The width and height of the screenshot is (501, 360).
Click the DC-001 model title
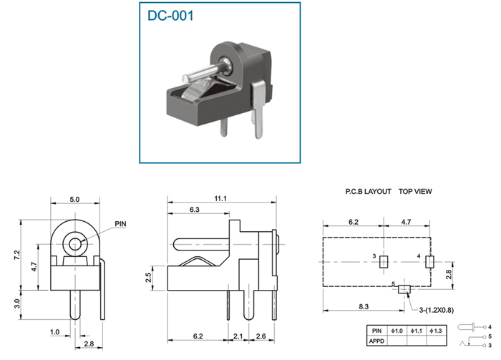click(170, 16)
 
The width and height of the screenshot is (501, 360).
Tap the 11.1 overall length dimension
click(220, 199)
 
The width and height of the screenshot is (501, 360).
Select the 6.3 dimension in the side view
click(194, 210)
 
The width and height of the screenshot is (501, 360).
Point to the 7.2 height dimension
click(17, 255)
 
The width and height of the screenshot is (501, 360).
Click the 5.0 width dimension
click(74, 200)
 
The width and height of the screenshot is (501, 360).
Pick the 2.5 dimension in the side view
click(148, 277)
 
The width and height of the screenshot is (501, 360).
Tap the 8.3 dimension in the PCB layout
click(364, 306)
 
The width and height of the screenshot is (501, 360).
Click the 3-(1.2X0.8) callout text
click(436, 310)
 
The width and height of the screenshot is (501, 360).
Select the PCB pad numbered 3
click(384, 262)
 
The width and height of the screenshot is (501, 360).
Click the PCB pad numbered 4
click(429, 262)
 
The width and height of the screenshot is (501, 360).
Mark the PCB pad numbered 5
click(404, 289)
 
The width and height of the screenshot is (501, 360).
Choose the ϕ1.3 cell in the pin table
click(436, 331)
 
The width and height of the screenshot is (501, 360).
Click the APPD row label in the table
click(376, 341)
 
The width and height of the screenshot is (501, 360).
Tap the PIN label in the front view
click(120, 224)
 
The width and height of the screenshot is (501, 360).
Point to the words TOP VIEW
click(415, 192)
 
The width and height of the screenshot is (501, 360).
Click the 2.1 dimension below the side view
click(238, 336)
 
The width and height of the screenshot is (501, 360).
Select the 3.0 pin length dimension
click(17, 303)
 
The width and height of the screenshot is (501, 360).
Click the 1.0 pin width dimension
click(54, 332)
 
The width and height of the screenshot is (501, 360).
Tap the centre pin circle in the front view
click(74, 244)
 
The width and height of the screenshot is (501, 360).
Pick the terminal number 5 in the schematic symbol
click(490, 336)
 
